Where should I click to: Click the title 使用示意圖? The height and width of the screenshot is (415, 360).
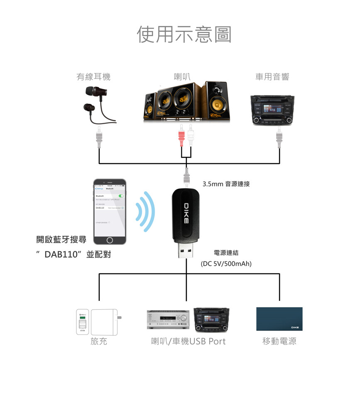[x=184, y=34]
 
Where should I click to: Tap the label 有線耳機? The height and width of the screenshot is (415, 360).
[x=93, y=77]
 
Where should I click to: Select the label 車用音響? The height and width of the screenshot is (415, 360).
[x=272, y=77]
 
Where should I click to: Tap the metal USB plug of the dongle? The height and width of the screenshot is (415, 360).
[x=186, y=251]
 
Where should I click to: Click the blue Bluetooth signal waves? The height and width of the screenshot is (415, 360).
[x=146, y=212]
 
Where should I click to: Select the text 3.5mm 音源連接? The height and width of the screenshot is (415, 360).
[x=226, y=183]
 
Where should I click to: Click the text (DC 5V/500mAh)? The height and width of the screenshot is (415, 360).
[x=226, y=264]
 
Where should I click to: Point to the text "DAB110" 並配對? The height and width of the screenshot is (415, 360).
[x=73, y=254]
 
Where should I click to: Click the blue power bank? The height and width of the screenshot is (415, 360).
[x=279, y=319]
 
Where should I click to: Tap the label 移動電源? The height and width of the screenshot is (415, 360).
[x=279, y=341]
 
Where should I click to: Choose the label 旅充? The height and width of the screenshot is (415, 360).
[x=99, y=341]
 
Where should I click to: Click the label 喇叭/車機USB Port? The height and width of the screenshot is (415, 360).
[x=189, y=341]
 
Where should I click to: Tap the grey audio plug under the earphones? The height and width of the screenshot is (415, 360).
[x=99, y=139]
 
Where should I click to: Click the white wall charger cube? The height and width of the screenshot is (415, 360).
[x=105, y=322]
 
